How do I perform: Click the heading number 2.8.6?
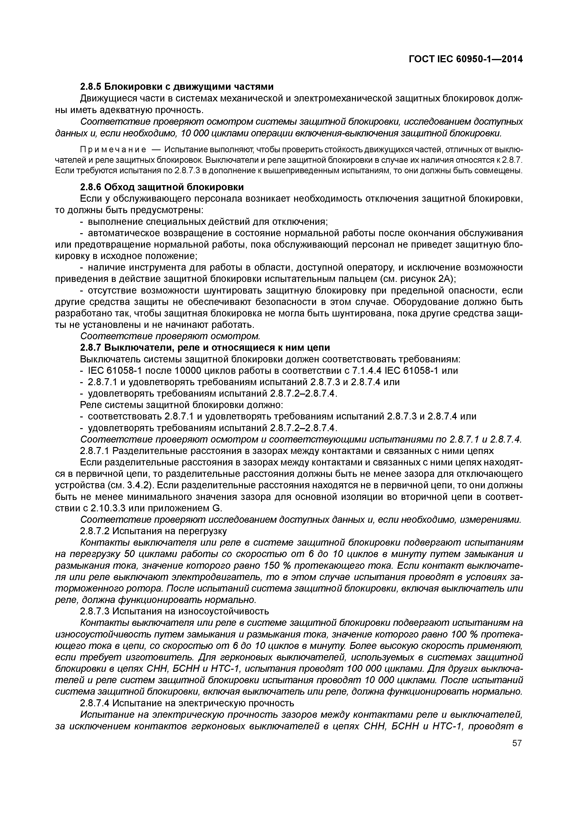(90, 187)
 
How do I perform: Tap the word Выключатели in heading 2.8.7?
(139, 347)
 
